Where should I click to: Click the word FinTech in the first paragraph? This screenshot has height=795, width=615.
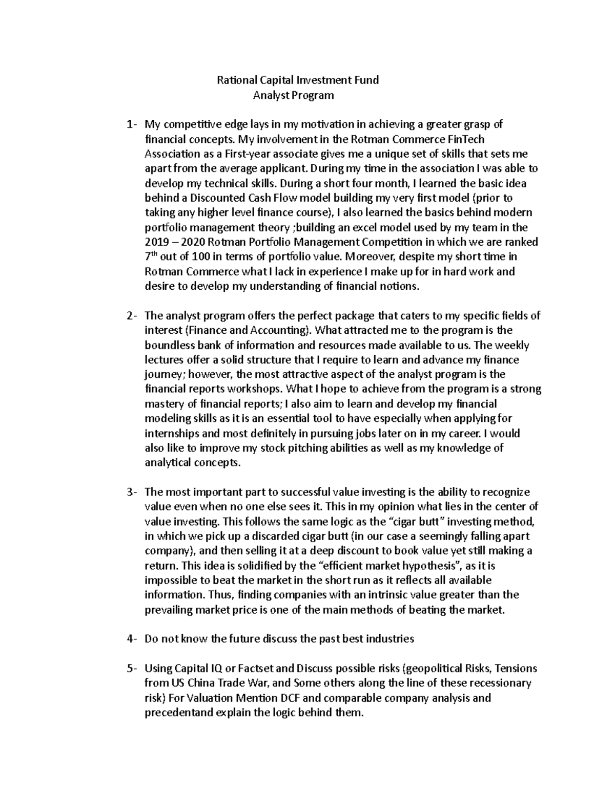pos(466,139)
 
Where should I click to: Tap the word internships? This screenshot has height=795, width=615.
pos(172,434)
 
